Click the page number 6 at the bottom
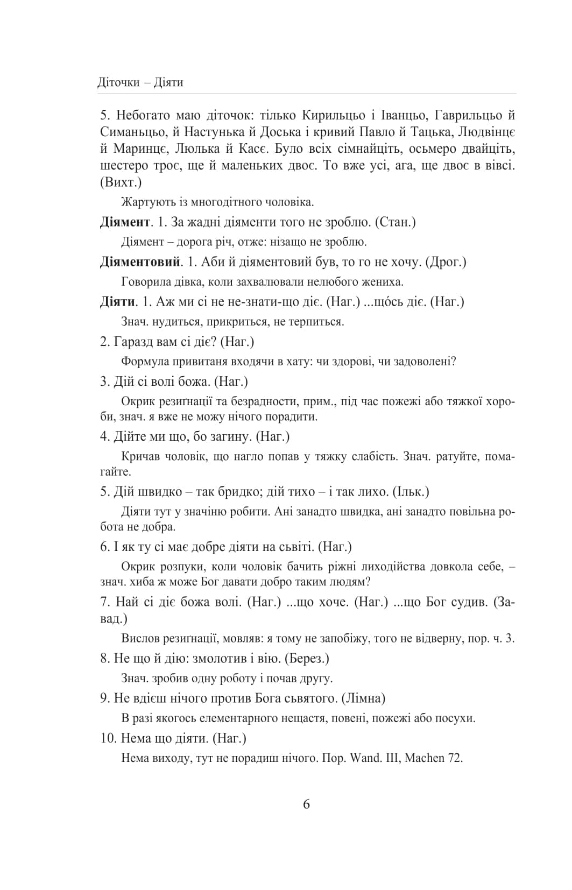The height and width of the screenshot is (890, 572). [306, 804]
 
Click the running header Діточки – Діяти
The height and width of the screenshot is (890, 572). [140, 82]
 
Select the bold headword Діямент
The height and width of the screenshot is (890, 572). [125, 222]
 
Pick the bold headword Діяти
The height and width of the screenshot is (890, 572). [117, 302]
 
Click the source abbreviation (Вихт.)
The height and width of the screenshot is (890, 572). [121, 182]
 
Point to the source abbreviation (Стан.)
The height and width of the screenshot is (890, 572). [394, 222]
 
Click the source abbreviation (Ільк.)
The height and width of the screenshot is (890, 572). [411, 492]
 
